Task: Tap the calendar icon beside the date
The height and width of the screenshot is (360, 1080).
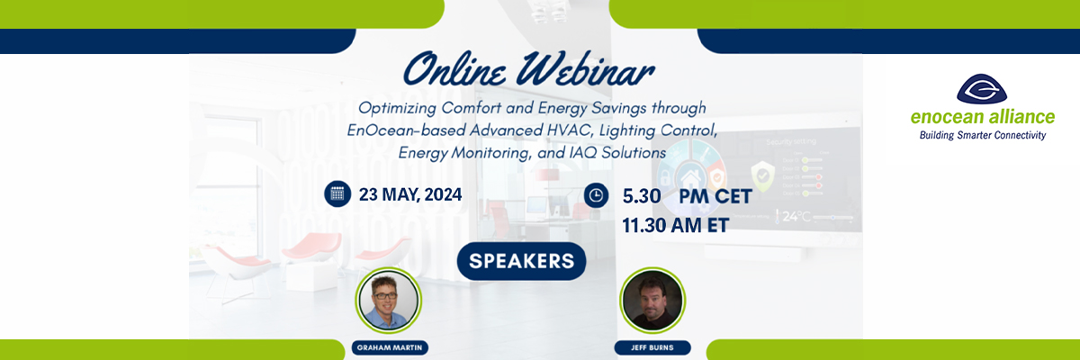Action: (337, 193)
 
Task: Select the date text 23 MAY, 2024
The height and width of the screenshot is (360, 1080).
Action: (410, 194)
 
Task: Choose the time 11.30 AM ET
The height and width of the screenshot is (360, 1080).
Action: (674, 224)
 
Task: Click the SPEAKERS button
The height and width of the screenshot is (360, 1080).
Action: (521, 261)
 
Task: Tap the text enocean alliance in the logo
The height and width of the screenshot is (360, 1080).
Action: (982, 118)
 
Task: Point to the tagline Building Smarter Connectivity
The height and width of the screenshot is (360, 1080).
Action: (982, 135)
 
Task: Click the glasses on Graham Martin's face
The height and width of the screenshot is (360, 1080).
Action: (388, 292)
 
